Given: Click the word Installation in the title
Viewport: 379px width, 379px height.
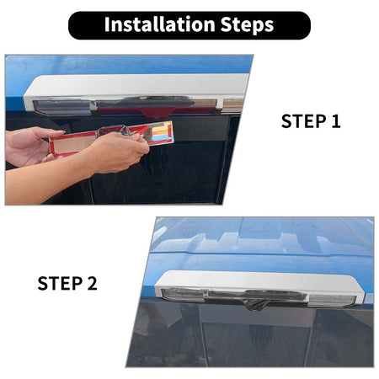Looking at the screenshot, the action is pos(159,24).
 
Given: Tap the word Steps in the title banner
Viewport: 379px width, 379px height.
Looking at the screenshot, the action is pos(247,25).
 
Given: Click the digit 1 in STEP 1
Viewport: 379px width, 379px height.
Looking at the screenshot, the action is pos(335,121).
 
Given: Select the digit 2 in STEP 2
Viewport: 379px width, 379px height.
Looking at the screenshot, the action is pos(92,283).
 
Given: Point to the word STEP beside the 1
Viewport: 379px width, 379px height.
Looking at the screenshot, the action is pos(303,121).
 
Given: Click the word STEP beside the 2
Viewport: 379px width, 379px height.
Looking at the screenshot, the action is pos(60,283).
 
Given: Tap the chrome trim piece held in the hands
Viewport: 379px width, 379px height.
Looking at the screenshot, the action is pos(112,138).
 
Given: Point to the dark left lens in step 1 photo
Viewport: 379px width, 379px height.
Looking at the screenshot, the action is pos(62,107).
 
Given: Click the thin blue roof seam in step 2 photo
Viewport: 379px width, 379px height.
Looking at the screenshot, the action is pos(261,254).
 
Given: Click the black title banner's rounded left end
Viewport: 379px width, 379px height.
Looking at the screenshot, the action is pos(73,25).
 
